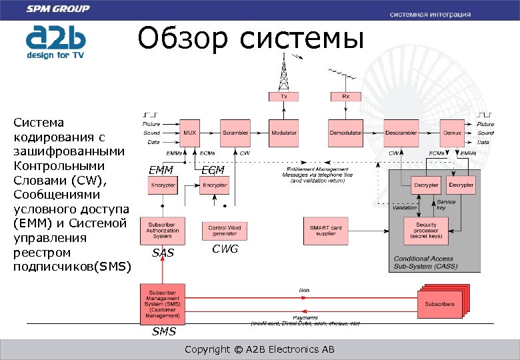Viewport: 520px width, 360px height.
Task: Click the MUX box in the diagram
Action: pyautogui.click(x=190, y=133)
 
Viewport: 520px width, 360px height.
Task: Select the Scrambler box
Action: pyautogui.click(x=235, y=133)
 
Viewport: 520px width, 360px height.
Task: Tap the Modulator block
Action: pyautogui.click(x=283, y=133)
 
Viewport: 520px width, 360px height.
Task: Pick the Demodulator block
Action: pyautogui.click(x=345, y=133)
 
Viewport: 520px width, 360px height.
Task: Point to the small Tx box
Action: pyautogui.click(x=283, y=97)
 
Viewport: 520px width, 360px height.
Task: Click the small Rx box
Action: pyautogui.click(x=345, y=97)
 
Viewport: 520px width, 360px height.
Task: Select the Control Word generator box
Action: pyautogui.click(x=224, y=230)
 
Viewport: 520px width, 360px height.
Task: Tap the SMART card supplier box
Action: pyautogui.click(x=325, y=230)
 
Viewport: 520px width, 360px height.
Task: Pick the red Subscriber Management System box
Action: pyautogui.click(x=162, y=304)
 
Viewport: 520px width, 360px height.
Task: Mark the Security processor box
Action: pyautogui.click(x=426, y=230)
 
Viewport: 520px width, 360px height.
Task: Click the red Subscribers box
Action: pyautogui.click(x=440, y=304)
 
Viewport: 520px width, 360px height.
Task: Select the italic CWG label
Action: pyautogui.click(x=225, y=249)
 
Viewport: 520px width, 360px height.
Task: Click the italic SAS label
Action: pyautogui.click(x=163, y=253)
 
